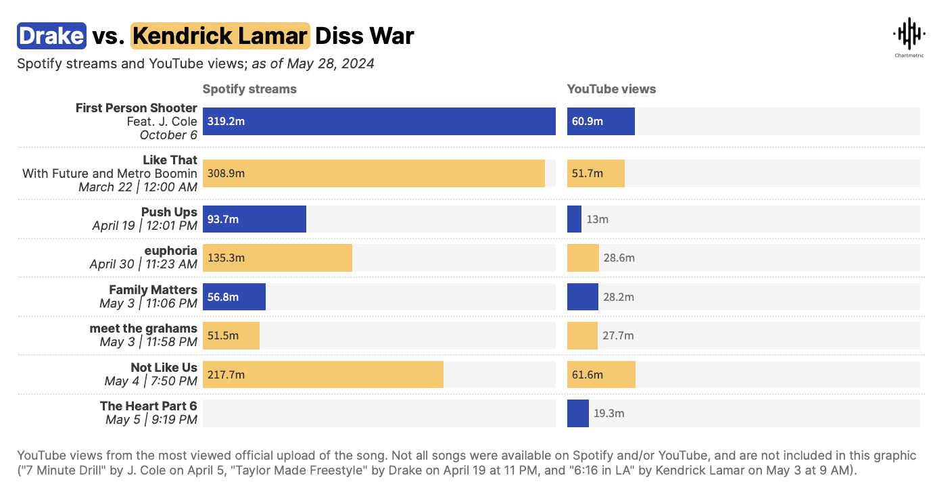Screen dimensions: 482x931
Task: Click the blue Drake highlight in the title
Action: coord(51,36)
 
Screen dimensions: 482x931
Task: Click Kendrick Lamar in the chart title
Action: coord(220,36)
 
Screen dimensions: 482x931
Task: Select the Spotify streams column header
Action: coord(249,89)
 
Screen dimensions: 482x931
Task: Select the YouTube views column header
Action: coord(611,89)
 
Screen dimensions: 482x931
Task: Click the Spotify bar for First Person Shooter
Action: coord(379,122)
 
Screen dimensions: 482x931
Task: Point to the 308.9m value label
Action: coord(226,174)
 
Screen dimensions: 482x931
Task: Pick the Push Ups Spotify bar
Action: coord(254,219)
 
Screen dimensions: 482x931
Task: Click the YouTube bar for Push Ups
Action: coord(574,219)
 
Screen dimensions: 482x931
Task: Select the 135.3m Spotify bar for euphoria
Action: coord(277,258)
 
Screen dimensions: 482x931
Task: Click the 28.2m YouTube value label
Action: coord(618,297)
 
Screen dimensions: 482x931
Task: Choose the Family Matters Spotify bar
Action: coord(234,297)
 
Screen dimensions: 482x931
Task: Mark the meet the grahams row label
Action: coord(143,329)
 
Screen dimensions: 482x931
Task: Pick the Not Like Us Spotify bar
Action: coord(323,375)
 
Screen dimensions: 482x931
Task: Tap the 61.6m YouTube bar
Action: coord(601,375)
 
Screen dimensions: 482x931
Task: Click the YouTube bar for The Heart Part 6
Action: coord(577,414)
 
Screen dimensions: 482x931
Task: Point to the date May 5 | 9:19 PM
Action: coord(151,420)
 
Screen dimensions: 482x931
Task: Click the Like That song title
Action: coord(170,160)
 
